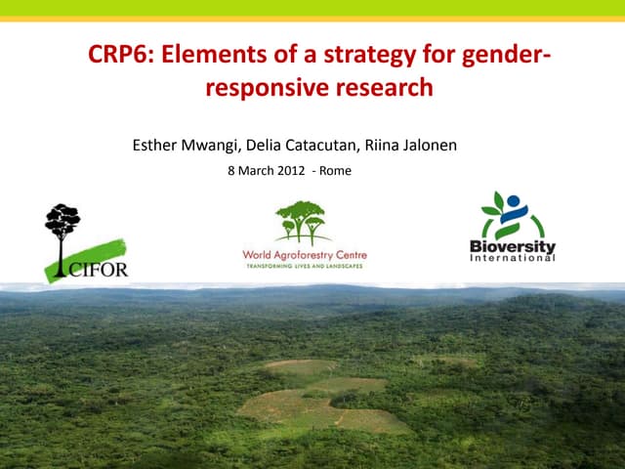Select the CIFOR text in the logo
(x=98, y=270)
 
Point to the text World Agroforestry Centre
(x=305, y=255)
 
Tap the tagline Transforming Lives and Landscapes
(x=305, y=267)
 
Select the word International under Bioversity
(x=513, y=258)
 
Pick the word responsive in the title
(x=265, y=89)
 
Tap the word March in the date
(x=252, y=170)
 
